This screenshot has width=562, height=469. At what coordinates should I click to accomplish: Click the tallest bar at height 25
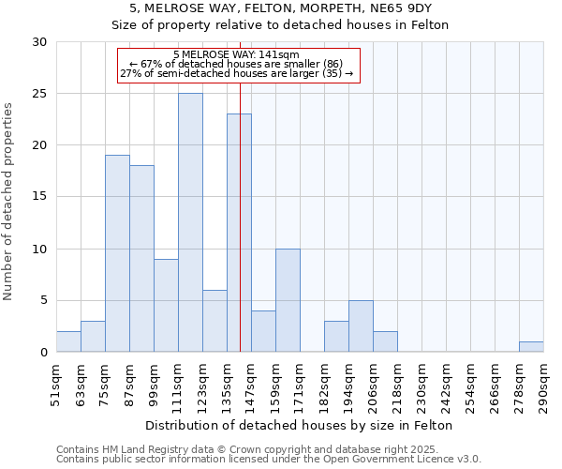[190, 222]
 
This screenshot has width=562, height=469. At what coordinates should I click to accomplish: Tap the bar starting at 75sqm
[117, 253]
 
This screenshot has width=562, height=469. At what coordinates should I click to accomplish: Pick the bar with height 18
[141, 258]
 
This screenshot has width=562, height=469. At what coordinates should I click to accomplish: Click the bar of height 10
[288, 300]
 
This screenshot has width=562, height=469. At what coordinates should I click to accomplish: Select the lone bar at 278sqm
[531, 346]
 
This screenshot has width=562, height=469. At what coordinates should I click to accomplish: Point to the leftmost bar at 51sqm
[68, 341]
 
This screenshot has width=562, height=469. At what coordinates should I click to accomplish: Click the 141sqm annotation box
[238, 65]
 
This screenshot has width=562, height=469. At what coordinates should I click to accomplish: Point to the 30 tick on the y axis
[38, 42]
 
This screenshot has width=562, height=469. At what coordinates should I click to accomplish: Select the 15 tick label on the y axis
[38, 197]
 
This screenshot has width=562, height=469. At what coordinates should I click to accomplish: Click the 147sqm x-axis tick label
[251, 386]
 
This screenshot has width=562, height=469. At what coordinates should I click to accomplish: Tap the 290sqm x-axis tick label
[543, 386]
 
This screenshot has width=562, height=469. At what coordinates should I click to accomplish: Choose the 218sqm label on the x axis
[397, 386]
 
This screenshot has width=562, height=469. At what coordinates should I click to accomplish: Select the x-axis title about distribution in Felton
[300, 426]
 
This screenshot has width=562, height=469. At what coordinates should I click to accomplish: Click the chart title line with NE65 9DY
[281, 8]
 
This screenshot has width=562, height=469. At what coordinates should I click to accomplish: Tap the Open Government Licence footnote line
[268, 460]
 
